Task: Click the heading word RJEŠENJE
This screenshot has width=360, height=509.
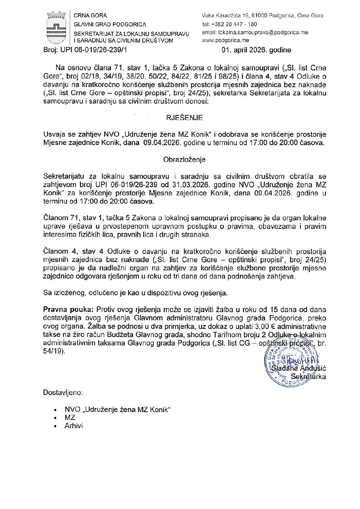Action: [184, 118]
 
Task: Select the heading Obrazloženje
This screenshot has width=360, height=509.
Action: [184, 159]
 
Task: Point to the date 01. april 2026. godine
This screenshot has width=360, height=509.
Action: [256, 50]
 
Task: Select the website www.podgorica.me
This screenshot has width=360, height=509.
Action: [221, 40]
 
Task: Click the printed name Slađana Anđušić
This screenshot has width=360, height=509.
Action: [299, 368]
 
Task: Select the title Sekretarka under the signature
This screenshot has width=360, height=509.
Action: [308, 377]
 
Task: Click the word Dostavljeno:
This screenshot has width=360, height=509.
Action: [63, 393]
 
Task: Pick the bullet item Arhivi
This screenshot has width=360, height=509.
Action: [73, 426]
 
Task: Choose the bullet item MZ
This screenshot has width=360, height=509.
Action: [70, 418]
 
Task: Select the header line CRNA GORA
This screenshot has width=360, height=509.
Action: [90, 16]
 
